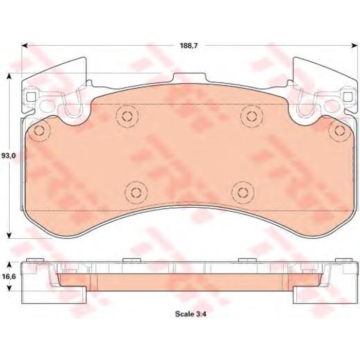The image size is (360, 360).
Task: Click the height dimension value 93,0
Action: pyautogui.click(x=7, y=155)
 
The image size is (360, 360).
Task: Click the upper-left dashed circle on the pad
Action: pyautogui.click(x=125, y=116)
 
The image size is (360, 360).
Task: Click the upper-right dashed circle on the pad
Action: pyautogui.click(x=250, y=116)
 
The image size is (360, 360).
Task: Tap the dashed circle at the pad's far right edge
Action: pyautogui.click(x=338, y=130)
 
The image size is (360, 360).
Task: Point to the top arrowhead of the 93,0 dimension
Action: pyautogui.click(x=9, y=76)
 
